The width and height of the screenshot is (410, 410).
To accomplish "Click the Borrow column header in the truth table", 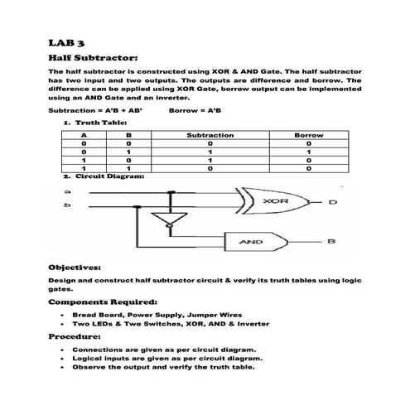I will (x=308, y=134).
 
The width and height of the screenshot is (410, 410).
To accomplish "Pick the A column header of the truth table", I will (x=84, y=134).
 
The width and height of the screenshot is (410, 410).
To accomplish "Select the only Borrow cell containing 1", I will (x=308, y=152).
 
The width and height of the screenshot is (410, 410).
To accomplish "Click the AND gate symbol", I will (x=252, y=242).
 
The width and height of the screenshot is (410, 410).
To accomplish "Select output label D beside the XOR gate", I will (x=331, y=203).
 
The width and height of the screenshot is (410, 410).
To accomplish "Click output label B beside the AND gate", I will (x=330, y=241).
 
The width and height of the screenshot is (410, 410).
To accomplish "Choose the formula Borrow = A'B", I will (x=195, y=110).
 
